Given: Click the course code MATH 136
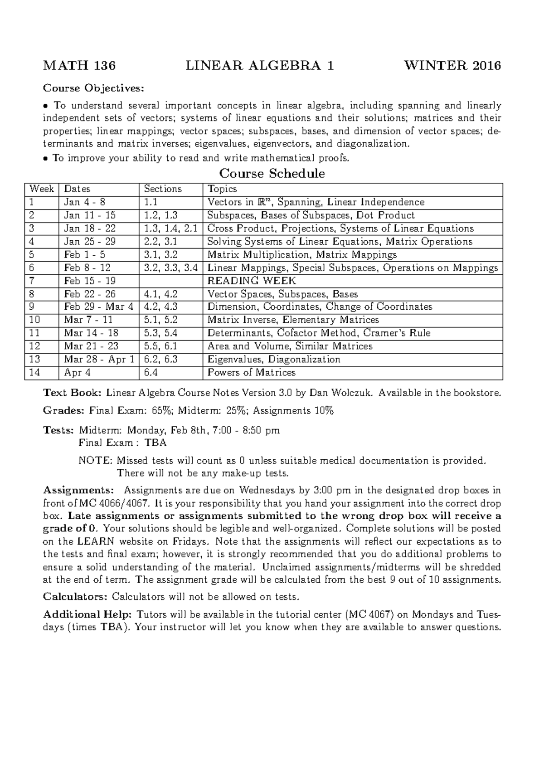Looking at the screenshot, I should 79,66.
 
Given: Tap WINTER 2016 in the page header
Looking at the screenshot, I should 452,66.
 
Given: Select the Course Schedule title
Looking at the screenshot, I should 272,174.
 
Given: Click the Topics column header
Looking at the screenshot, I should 222,189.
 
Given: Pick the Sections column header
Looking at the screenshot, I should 163,189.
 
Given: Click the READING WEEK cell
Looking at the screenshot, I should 252,281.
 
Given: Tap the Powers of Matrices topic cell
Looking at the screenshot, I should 251,373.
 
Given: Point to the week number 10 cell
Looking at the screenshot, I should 35,320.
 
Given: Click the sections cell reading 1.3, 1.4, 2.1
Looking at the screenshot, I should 170,229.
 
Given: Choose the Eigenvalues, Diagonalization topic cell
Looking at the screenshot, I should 273,360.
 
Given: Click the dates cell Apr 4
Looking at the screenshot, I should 74,373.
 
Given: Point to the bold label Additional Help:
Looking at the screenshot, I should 87,615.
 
